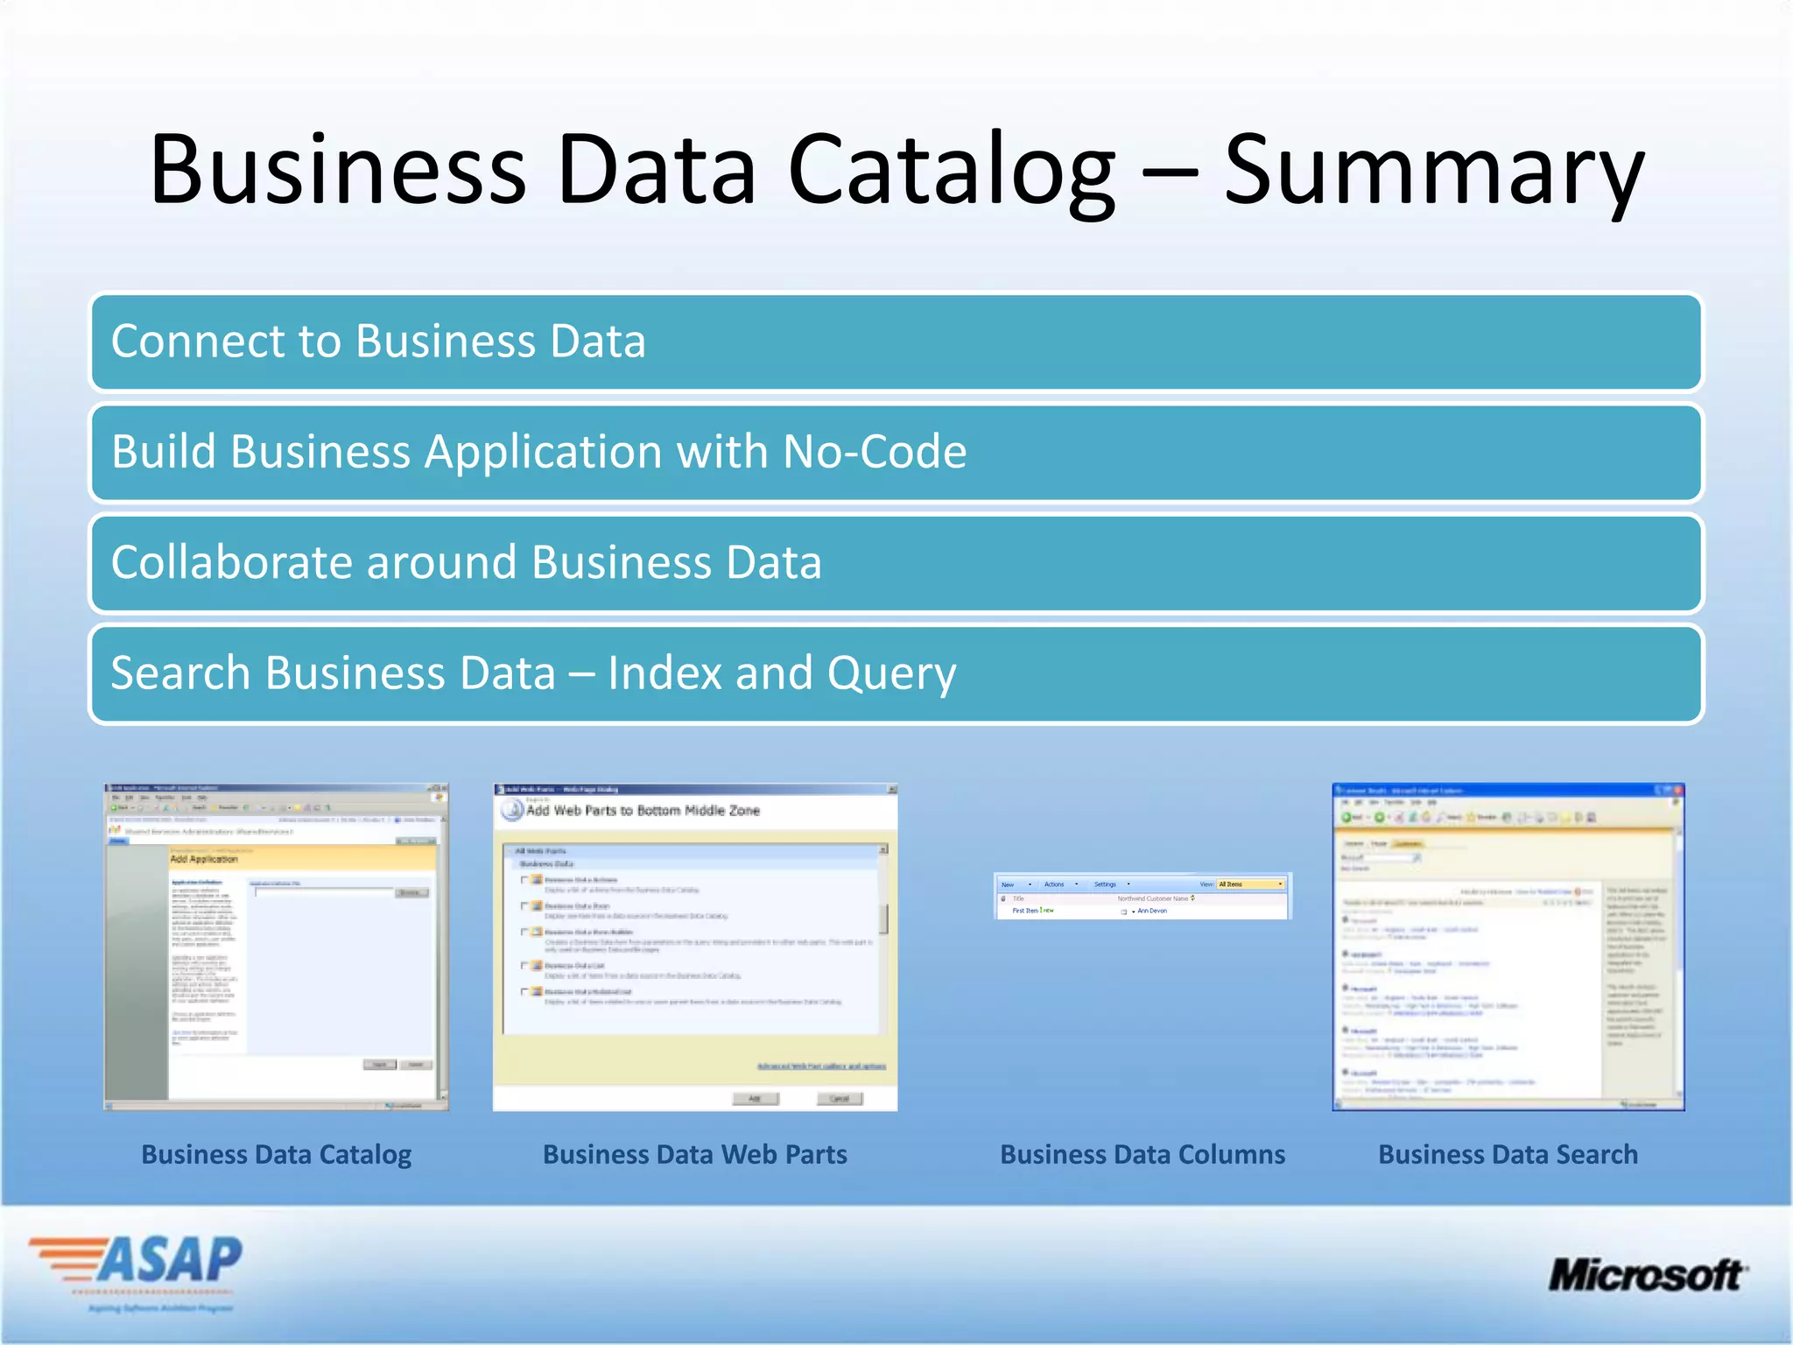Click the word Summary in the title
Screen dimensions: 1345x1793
coord(1433,170)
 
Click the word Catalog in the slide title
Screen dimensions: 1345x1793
coord(952,170)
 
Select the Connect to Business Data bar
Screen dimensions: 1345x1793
coord(896,342)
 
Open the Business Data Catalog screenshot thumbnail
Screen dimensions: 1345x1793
coord(276,947)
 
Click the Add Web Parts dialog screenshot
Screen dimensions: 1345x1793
coord(695,947)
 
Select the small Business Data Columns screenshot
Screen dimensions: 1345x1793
coord(1143,896)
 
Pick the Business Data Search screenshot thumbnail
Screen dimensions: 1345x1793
coord(1508,947)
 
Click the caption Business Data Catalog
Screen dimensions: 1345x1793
coord(276,1154)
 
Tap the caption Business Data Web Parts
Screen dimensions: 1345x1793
coord(695,1154)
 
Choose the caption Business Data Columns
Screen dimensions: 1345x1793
coord(1143,1154)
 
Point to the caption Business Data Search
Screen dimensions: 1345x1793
coord(1508,1154)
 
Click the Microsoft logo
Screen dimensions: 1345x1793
coord(1647,1275)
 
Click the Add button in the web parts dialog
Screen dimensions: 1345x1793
coord(755,1098)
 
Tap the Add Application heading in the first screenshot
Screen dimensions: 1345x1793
coord(203,859)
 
